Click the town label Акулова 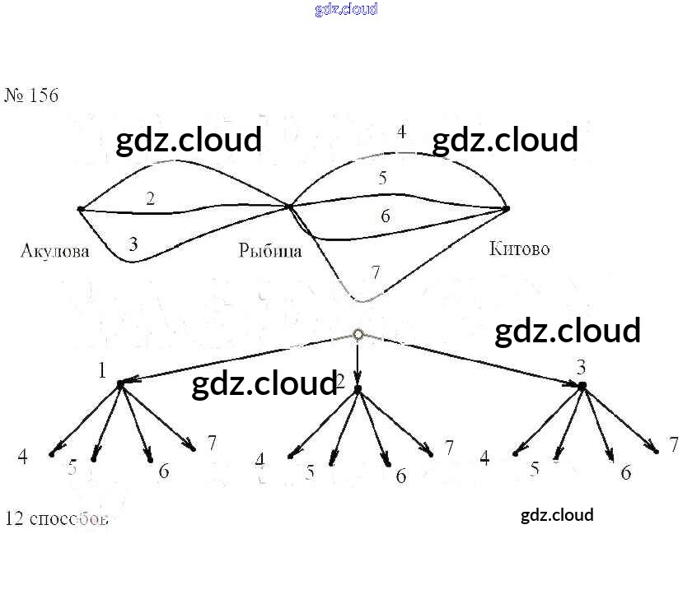tap(54, 251)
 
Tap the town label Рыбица tap(270, 251)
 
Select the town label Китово tap(519, 248)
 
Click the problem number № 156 tap(32, 95)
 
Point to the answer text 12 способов tap(57, 518)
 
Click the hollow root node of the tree tap(358, 334)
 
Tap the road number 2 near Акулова tap(150, 198)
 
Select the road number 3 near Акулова tap(133, 244)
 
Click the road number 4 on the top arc tap(401, 132)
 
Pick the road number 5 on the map tap(382, 177)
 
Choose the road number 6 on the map tap(385, 216)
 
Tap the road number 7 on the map tap(376, 272)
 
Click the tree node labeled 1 tap(120, 383)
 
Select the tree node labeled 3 tap(582, 385)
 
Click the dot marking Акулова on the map tap(80, 209)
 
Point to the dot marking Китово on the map tap(507, 208)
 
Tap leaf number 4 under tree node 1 tap(23, 457)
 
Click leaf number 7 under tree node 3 tap(673, 445)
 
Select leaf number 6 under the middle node tap(400, 476)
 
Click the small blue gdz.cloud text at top tap(346, 10)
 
